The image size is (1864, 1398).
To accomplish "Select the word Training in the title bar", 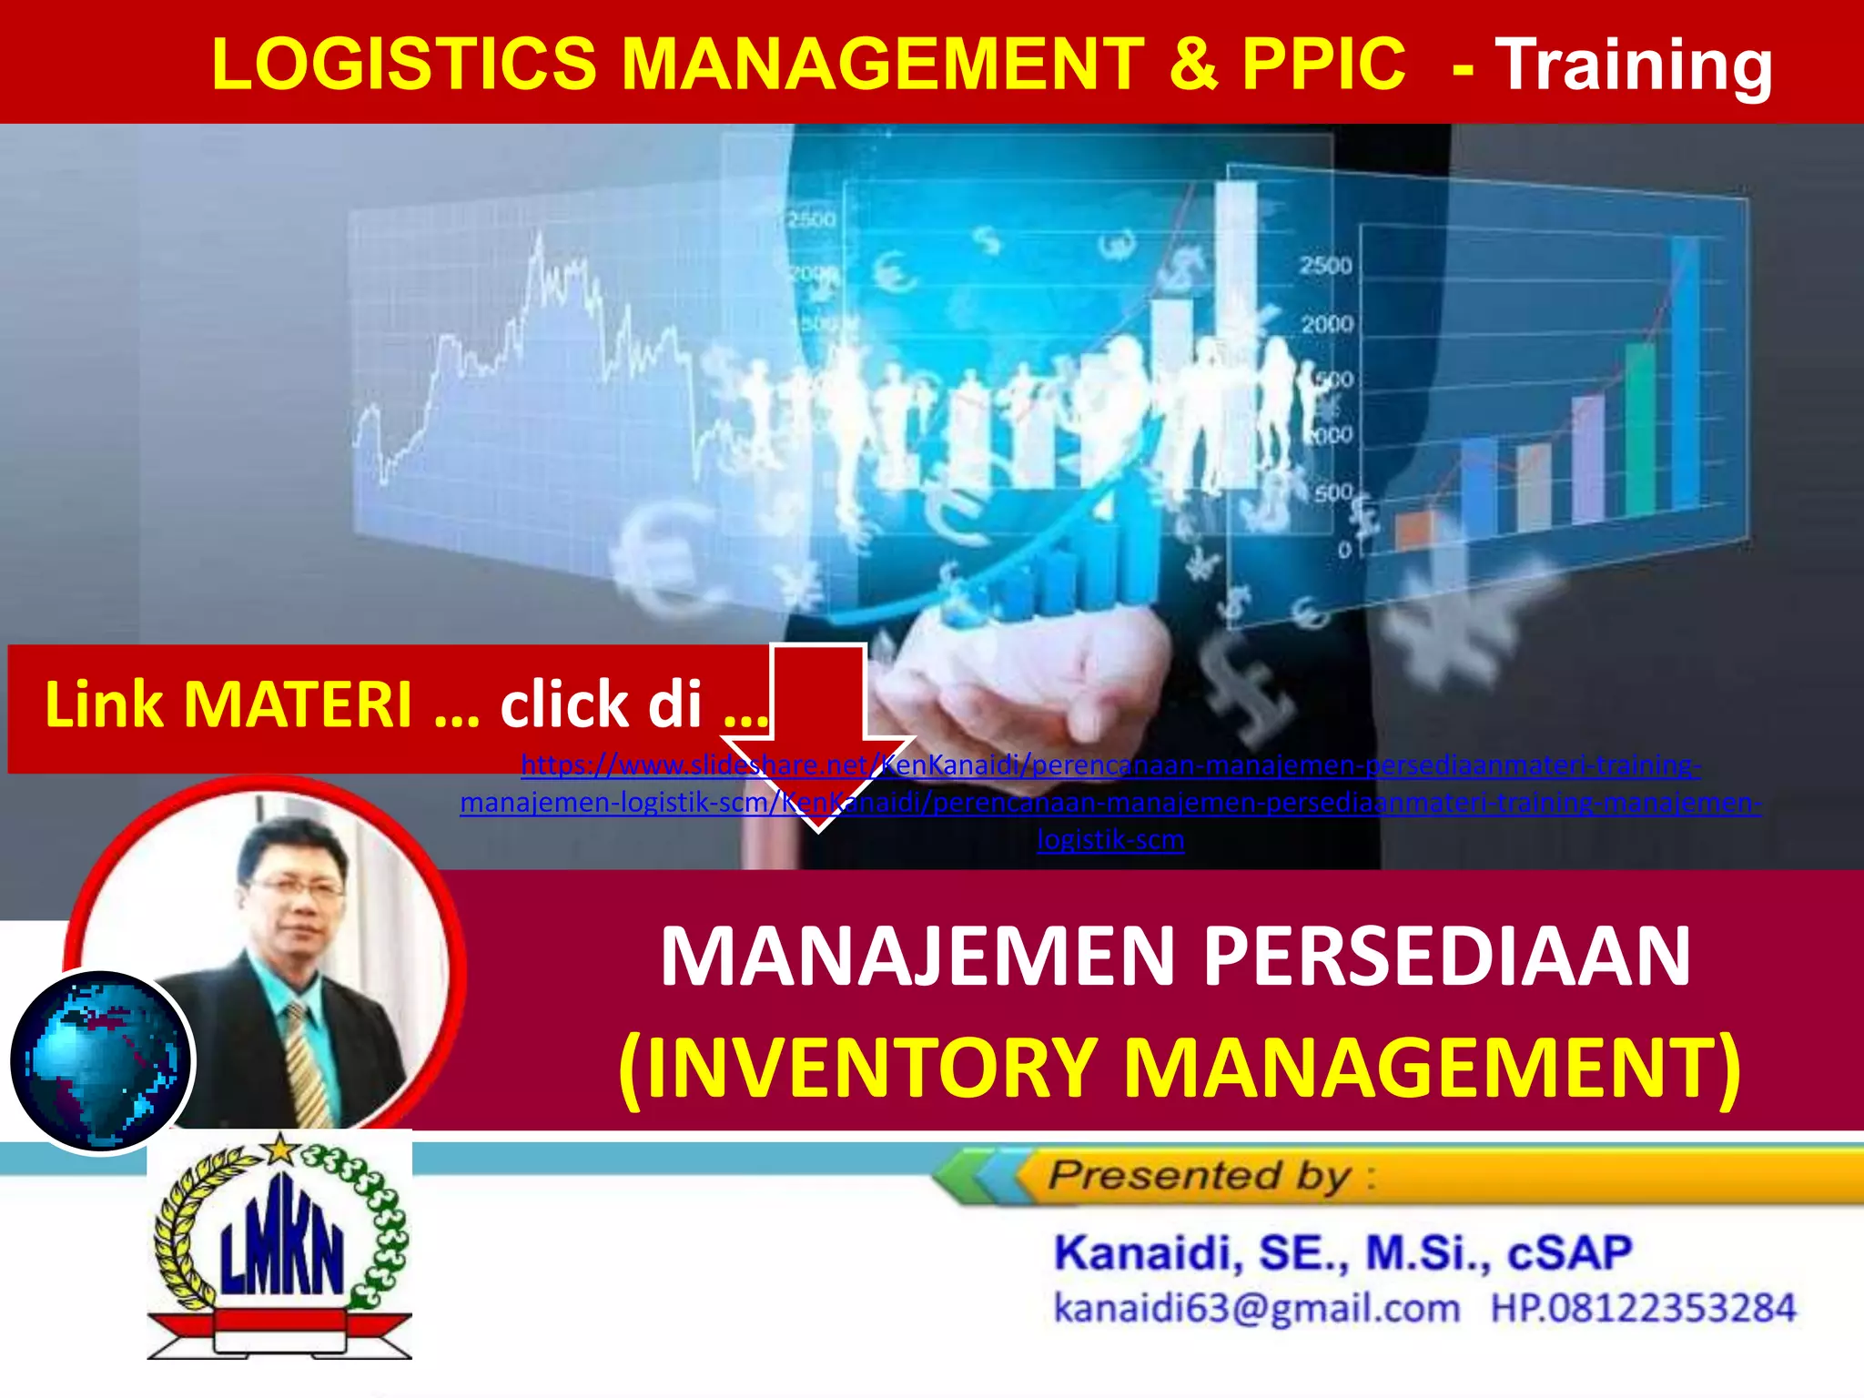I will click(1634, 66).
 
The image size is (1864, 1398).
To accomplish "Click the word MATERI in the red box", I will click(299, 705).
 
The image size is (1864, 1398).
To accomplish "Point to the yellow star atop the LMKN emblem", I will click(280, 1150).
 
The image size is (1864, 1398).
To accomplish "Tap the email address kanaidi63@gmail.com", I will click(1256, 1309).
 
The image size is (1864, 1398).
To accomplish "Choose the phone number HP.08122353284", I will click(1643, 1309).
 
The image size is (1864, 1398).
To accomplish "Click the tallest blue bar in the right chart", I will click(1685, 373).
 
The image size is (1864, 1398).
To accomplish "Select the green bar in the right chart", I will click(1640, 428).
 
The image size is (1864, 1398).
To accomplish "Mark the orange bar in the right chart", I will click(1413, 530).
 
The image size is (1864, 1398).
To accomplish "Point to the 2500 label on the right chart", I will click(1325, 266).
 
